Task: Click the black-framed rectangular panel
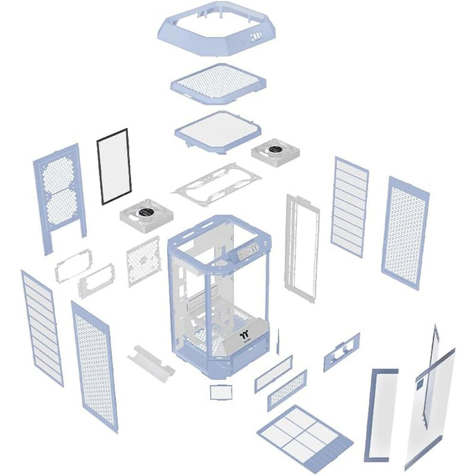tap(114, 167)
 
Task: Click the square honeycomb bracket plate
tap(143, 260)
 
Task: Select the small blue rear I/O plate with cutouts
tap(342, 352)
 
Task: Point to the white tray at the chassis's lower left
tap(150, 359)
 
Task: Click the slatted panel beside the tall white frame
tap(350, 206)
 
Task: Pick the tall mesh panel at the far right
tap(405, 231)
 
